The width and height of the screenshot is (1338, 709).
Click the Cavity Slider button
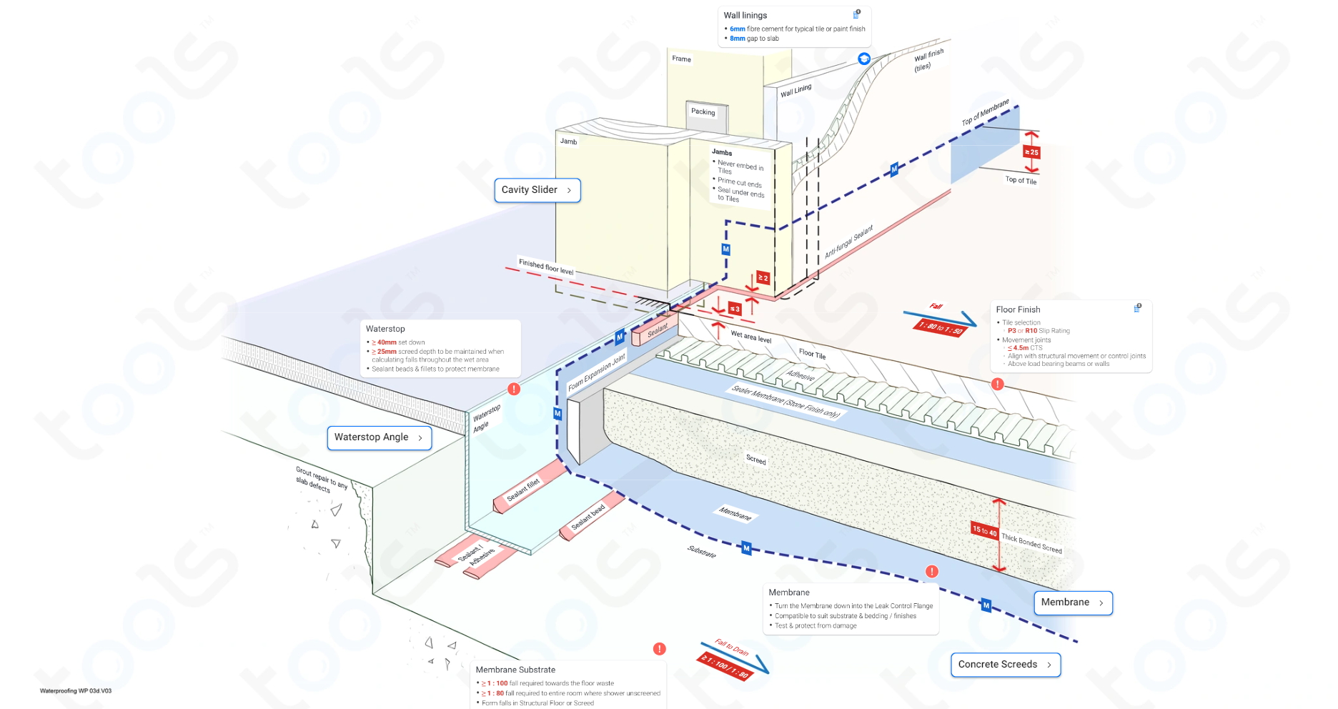point(537,190)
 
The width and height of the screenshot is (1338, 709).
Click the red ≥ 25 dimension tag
point(1031,152)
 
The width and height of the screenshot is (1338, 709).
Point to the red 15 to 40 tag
point(984,530)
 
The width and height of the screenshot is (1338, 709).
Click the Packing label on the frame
point(703,111)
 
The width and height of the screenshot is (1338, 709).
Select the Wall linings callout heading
point(745,15)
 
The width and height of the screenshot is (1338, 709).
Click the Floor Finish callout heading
point(1018,309)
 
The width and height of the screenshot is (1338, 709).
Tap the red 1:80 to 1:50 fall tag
point(940,327)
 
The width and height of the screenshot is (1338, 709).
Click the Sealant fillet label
point(523,490)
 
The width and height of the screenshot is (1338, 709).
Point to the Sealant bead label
point(588,517)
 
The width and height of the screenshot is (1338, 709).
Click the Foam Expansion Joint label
point(597,372)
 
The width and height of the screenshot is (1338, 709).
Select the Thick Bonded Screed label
point(1031,543)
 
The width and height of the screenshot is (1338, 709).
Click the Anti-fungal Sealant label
point(849,242)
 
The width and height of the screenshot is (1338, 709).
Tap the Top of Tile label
point(1021,180)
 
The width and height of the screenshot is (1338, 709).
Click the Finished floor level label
point(546,267)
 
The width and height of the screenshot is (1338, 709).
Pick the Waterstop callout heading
point(385,329)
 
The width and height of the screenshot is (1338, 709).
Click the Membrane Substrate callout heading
point(515,670)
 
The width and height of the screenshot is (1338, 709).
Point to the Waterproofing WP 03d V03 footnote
point(76,691)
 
